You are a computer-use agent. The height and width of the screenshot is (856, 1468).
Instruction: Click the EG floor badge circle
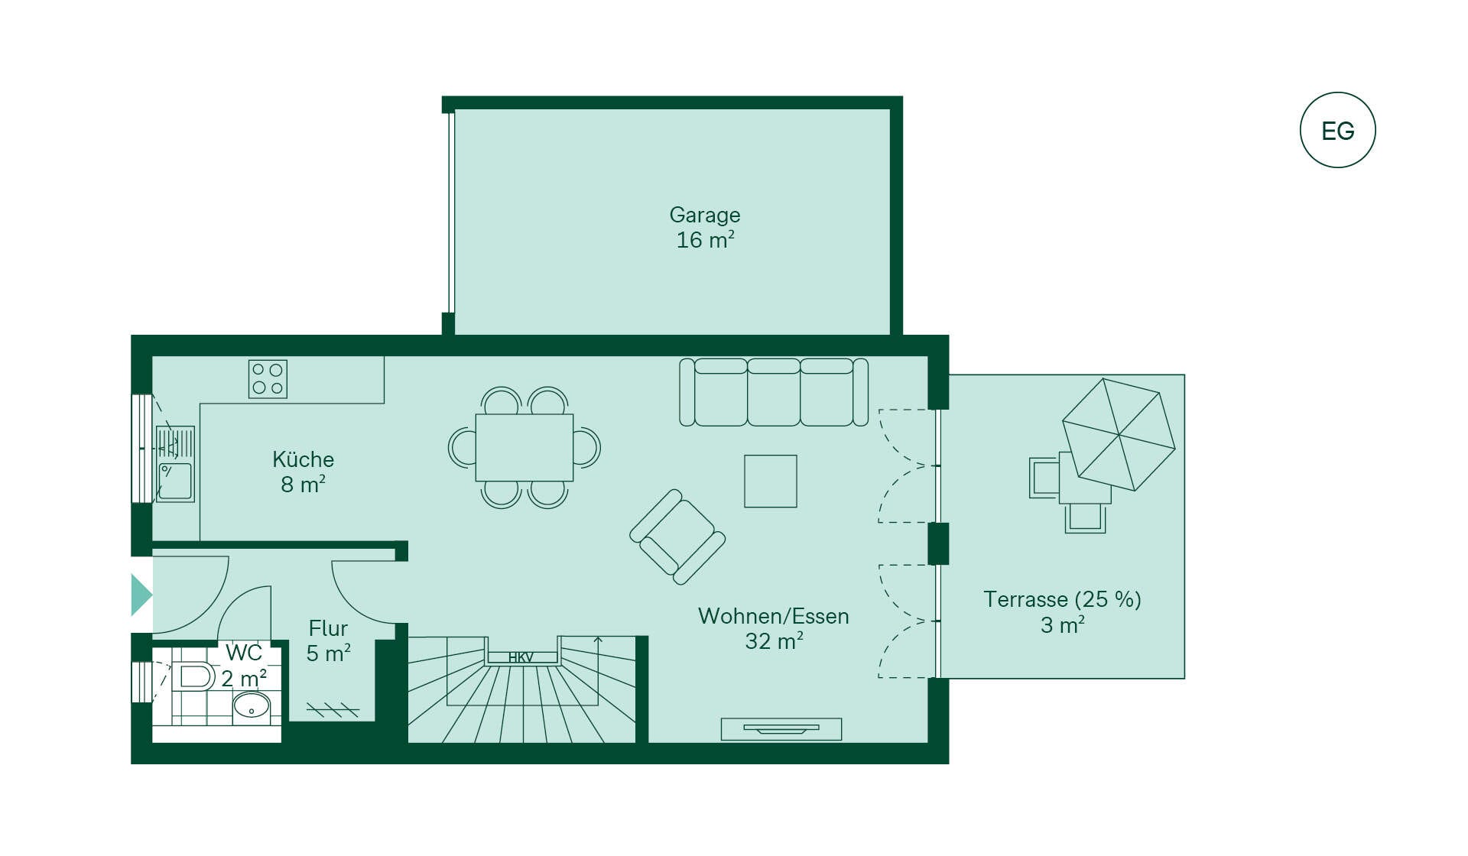[x=1337, y=130]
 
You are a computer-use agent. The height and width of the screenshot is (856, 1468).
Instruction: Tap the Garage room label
[x=704, y=215]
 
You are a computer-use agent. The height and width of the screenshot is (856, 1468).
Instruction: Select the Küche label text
[x=303, y=459]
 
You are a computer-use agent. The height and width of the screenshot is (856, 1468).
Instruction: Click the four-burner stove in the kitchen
[x=268, y=379]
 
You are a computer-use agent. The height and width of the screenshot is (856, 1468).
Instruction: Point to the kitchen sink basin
[x=175, y=481]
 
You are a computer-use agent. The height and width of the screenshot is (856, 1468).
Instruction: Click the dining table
[x=524, y=447]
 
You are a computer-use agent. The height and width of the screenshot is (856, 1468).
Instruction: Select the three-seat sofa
[x=774, y=392]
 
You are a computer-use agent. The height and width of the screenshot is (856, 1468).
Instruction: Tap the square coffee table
[x=770, y=481]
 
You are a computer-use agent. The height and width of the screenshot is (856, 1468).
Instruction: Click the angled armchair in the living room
[x=677, y=537]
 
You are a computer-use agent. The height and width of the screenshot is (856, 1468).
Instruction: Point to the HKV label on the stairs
[x=521, y=657]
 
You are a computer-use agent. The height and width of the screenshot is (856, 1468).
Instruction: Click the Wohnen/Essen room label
[x=773, y=616]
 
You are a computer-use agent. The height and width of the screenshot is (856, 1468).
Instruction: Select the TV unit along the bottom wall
[x=781, y=729]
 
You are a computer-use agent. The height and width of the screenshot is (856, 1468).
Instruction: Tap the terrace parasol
[x=1118, y=434]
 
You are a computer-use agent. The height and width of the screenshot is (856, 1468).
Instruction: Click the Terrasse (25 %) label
[x=1062, y=599]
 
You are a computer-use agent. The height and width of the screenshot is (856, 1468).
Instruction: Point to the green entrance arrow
[x=141, y=595]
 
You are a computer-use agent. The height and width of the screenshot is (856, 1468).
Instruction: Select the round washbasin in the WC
[x=251, y=705]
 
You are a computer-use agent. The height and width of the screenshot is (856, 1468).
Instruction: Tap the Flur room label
[x=328, y=628]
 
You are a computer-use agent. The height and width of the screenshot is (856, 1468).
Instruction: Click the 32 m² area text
[x=774, y=641]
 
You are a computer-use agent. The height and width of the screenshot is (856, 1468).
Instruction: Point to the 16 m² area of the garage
[x=704, y=240]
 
